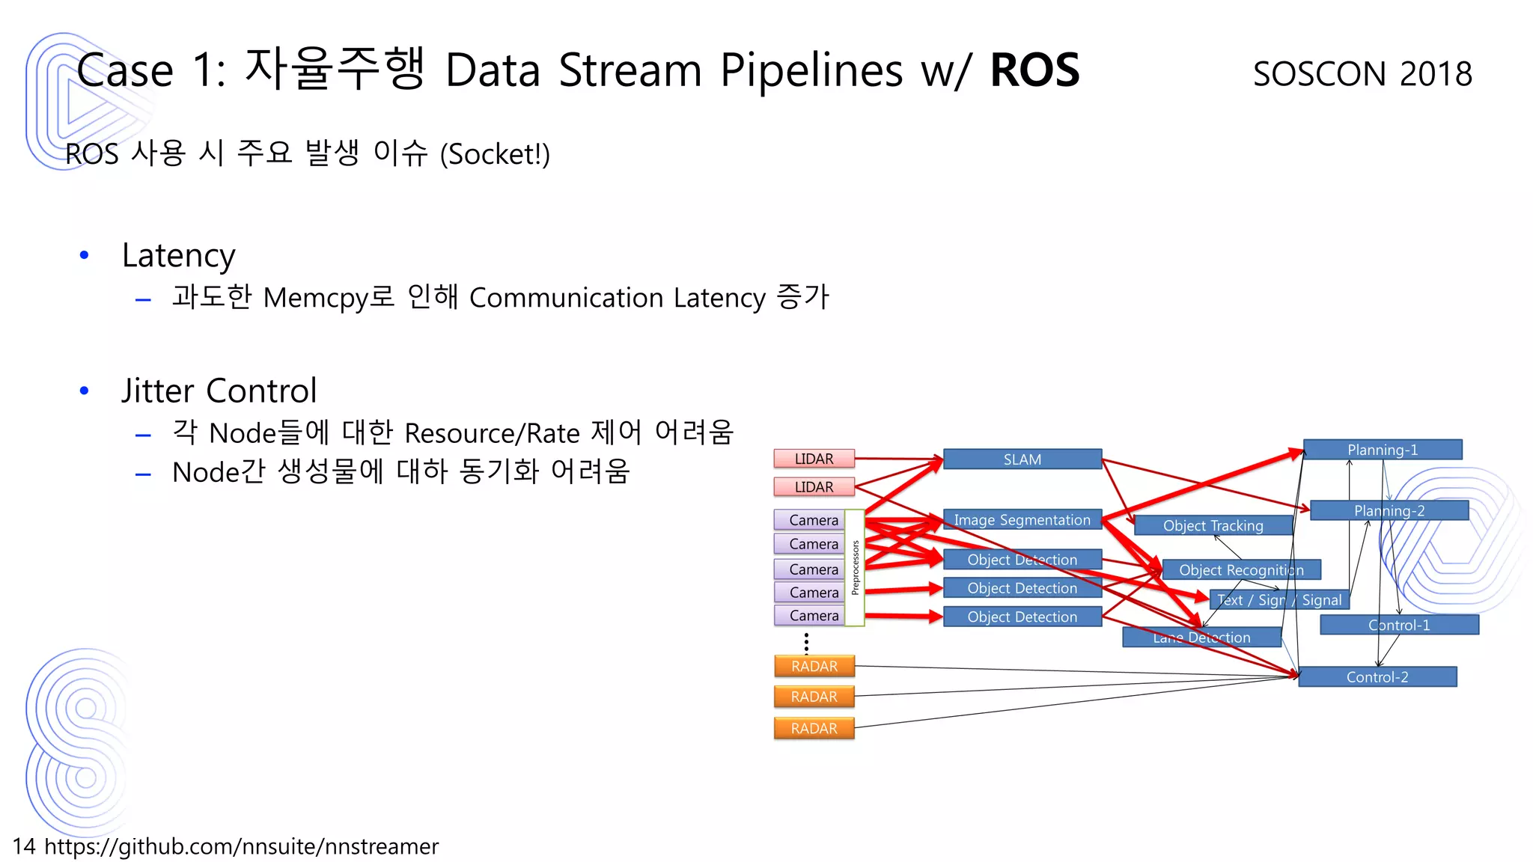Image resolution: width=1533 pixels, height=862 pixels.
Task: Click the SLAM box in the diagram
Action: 1022,459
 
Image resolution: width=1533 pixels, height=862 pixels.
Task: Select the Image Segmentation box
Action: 1022,519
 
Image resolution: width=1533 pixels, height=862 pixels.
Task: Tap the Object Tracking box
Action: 1213,525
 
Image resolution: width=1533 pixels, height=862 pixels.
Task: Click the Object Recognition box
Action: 1241,569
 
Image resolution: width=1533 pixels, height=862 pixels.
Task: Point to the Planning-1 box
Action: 1382,449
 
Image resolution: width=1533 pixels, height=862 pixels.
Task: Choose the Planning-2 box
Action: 1389,510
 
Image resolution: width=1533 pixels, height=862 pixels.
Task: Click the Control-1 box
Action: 1398,625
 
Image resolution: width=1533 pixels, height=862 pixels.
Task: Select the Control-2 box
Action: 1377,676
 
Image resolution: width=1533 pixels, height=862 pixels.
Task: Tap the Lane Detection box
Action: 1201,637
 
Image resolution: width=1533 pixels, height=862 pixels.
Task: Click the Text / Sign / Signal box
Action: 1278,599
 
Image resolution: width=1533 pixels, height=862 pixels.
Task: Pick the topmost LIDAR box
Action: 814,458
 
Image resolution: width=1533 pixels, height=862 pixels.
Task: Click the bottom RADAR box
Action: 814,728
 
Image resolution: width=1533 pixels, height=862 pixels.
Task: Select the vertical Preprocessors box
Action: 855,567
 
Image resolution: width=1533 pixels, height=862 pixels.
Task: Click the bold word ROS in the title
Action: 1034,70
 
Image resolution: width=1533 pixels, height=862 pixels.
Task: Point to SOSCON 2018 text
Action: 1362,73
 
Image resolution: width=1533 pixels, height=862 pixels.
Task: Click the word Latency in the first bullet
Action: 178,255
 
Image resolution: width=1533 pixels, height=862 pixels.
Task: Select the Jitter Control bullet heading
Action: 219,391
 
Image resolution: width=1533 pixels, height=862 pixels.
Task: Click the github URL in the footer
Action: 241,846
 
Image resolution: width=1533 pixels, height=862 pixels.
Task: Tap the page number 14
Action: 23,846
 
